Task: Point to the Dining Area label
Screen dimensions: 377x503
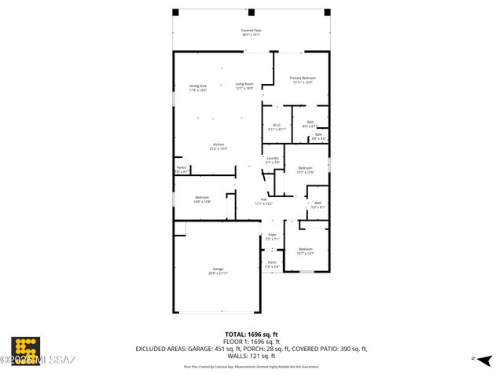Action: point(197,87)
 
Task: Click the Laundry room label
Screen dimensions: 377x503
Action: point(273,160)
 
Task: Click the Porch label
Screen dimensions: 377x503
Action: point(272,264)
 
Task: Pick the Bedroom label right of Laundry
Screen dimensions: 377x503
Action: point(305,170)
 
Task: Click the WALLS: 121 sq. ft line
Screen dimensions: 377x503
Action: point(251,356)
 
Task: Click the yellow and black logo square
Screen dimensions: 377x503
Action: point(25,350)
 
